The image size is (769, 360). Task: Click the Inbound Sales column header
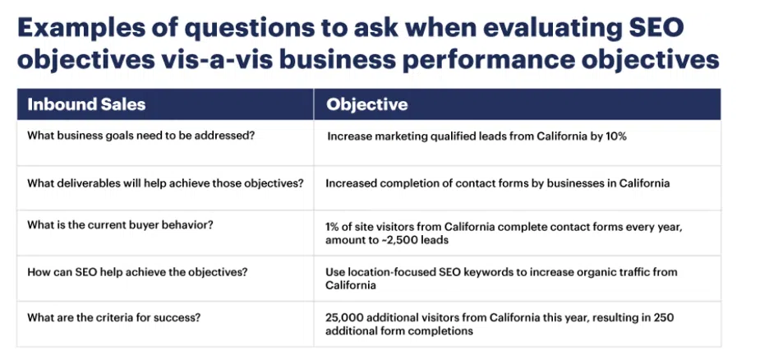[x=86, y=104]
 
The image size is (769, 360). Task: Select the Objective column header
[x=367, y=104]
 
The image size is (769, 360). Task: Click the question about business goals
[x=140, y=136]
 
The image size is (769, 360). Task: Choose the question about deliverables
[x=165, y=183]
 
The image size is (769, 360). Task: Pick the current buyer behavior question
[x=122, y=225]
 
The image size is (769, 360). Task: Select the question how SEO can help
[x=137, y=271]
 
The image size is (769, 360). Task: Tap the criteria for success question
[x=113, y=317]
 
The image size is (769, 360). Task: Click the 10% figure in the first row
[x=616, y=136]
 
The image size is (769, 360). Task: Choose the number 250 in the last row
[x=664, y=318]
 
